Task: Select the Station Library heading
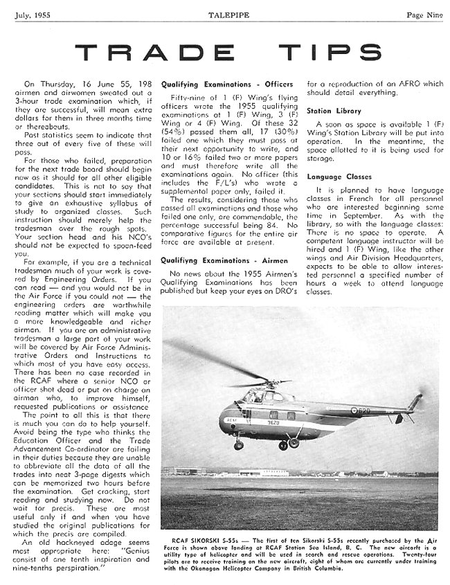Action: tap(334, 111)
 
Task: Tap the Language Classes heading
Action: tap(339, 177)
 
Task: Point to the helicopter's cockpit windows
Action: tap(256, 397)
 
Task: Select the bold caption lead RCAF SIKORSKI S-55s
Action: tap(201, 536)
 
